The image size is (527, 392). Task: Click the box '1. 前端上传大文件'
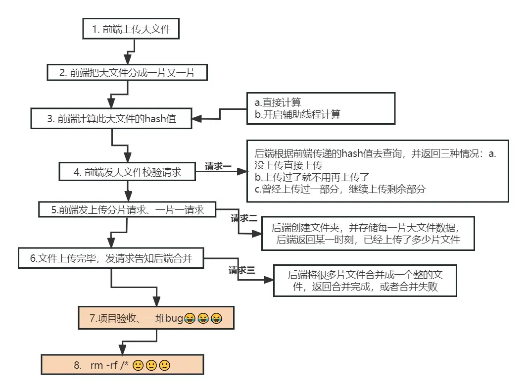[131, 29]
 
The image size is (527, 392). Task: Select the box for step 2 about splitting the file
[127, 73]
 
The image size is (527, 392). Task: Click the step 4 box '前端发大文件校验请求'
[128, 172]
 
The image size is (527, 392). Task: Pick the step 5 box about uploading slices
[128, 209]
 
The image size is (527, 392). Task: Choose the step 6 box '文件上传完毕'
[111, 258]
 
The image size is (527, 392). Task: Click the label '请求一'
[218, 167]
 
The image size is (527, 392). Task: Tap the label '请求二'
[244, 218]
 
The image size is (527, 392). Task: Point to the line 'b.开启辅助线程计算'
[297, 114]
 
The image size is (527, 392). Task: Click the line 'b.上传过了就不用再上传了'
[312, 177]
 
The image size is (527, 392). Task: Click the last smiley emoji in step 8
[165, 366]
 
